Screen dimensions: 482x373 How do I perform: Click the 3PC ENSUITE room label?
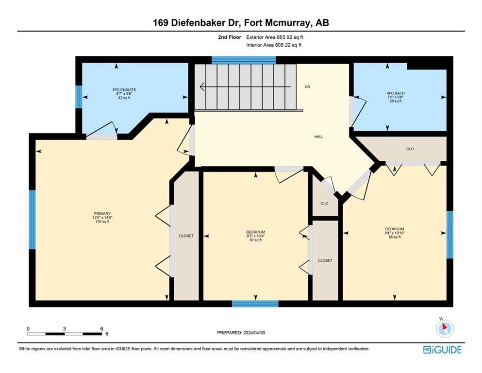pos(124,90)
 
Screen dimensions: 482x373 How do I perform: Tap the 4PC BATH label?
pos(395,93)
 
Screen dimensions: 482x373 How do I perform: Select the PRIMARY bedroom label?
pos(102,213)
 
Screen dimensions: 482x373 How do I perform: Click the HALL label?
pos(319,136)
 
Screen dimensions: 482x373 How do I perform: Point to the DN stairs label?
pos(307,87)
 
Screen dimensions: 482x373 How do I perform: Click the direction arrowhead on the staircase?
pos(202,87)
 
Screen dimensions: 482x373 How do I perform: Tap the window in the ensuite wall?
pos(79,97)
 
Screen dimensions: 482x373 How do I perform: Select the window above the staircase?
pos(244,60)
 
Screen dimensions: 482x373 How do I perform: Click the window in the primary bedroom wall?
pos(32,220)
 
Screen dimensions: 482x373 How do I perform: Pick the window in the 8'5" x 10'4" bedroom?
pos(255,304)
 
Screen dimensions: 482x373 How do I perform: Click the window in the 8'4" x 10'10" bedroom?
pos(450,234)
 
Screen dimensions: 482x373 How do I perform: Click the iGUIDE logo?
pos(442,350)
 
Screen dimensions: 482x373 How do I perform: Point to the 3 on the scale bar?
pos(64,328)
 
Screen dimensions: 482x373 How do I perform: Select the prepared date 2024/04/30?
pos(254,332)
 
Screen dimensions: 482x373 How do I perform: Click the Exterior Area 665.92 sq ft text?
pos(275,37)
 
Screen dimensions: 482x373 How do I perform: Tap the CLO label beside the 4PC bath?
pos(410,149)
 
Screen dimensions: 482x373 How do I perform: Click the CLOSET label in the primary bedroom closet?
pos(186,236)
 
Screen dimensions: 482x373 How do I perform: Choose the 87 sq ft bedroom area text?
pos(255,240)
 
